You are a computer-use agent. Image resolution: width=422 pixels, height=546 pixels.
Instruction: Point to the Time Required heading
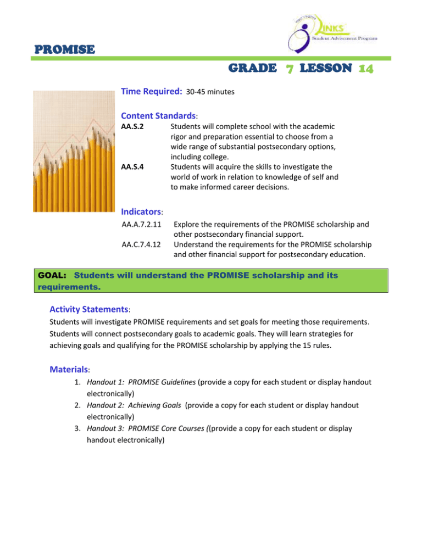coord(151,94)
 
